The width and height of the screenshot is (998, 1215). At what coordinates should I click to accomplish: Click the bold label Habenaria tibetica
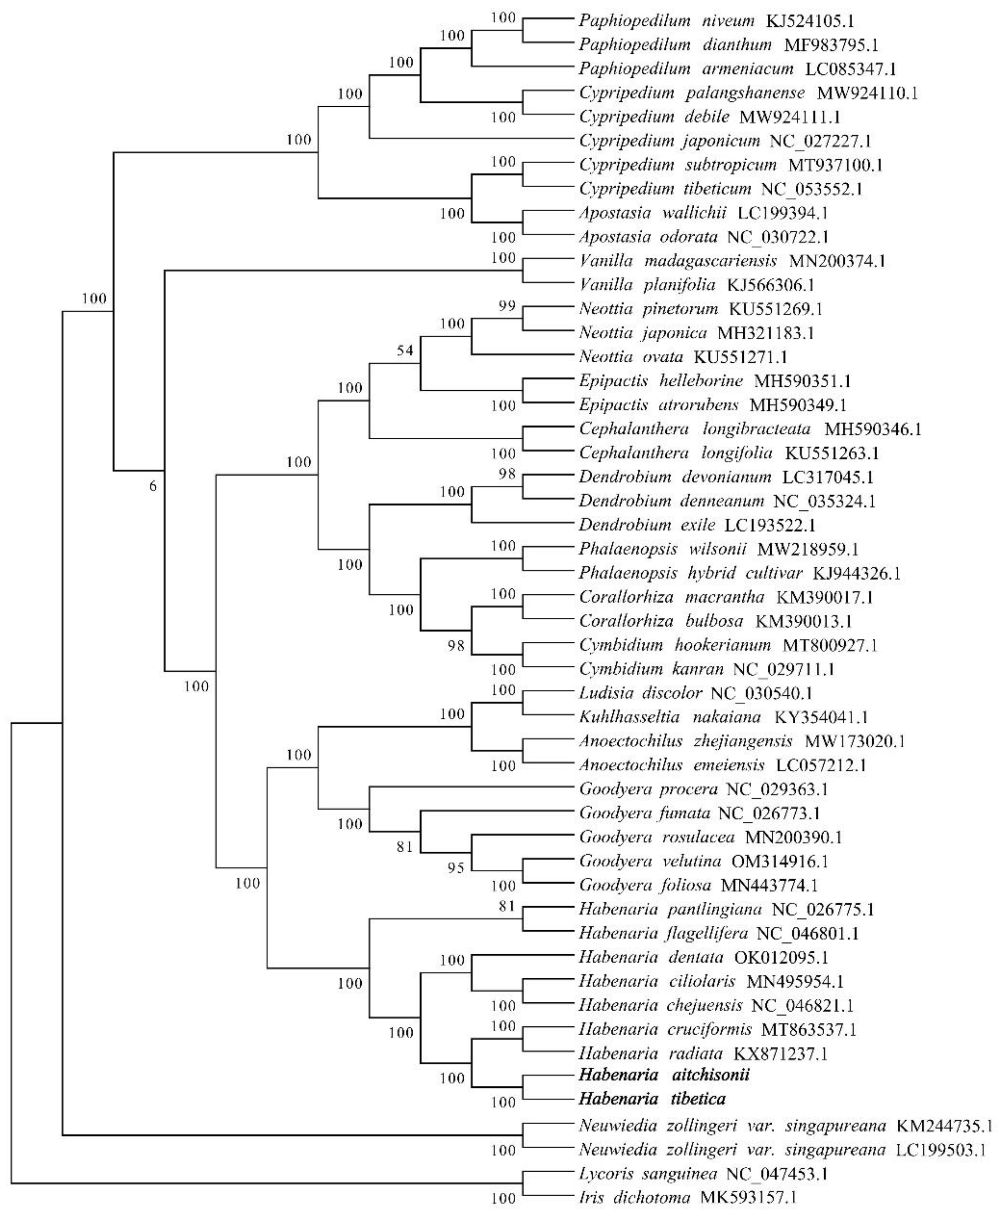(651, 1099)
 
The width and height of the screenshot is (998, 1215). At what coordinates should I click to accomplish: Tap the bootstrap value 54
(405, 350)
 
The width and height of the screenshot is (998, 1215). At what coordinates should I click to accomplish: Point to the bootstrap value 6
(152, 486)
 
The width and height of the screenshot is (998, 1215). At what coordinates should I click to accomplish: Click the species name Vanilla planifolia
(647, 285)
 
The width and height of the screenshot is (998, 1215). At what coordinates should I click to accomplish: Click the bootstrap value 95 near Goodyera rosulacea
(455, 868)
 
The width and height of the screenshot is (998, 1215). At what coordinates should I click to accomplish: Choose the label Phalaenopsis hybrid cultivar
(690, 573)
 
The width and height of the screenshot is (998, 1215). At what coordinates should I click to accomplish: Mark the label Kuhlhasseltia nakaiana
(670, 717)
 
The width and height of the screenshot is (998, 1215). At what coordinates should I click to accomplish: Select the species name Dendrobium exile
(647, 525)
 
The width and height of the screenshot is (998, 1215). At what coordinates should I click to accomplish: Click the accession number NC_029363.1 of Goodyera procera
(777, 789)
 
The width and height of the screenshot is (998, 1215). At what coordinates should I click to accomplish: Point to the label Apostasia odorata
(648, 237)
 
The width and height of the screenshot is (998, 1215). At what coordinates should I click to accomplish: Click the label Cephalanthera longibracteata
(694, 429)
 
